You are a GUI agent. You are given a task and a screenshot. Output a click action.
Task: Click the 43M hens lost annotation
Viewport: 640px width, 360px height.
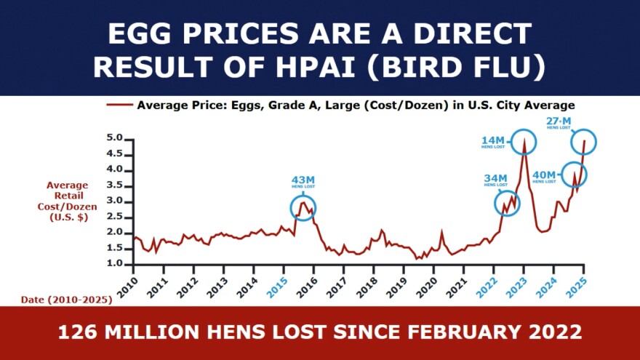[x=303, y=182]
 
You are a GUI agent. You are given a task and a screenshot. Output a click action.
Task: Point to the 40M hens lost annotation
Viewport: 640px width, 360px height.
[x=544, y=175]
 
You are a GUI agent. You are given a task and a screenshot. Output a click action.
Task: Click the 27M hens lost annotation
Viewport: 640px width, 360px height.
[x=559, y=122]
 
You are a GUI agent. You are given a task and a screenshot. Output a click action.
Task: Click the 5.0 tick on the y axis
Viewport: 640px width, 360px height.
[x=114, y=138]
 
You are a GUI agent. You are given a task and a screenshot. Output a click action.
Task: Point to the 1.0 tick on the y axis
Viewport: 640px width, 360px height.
[x=114, y=264]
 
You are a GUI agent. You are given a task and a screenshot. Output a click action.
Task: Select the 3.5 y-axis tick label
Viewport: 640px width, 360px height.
[x=114, y=185]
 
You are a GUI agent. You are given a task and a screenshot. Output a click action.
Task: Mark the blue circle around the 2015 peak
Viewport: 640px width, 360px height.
[x=304, y=208]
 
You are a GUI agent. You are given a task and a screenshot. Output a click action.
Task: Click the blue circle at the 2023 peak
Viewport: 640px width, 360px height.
[x=523, y=140]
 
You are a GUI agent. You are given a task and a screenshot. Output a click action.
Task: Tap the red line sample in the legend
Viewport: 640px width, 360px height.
[x=119, y=105]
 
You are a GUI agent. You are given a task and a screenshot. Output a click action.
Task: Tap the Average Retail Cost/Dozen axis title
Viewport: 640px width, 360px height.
[x=68, y=201]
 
